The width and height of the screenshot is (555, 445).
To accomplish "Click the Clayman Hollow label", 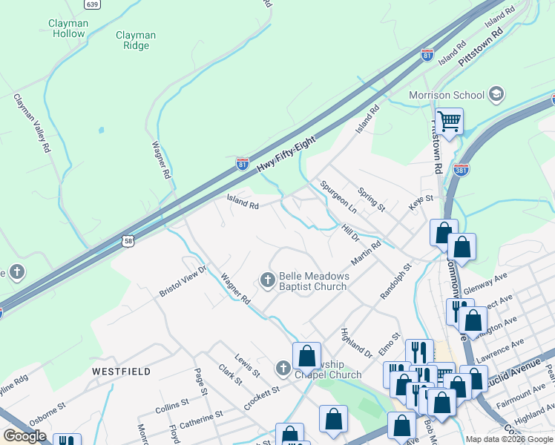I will (x=68, y=28).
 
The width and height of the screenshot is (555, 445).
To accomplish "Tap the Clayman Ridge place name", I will (x=136, y=40).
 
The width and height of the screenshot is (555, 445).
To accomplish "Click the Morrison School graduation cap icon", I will (x=496, y=94).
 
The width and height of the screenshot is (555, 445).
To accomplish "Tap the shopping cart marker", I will (x=449, y=120).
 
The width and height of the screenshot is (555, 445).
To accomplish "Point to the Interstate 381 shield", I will (x=461, y=169).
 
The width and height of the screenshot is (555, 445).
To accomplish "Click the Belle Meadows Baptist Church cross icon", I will (x=267, y=280).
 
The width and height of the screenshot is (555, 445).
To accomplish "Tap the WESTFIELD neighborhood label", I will (x=121, y=371).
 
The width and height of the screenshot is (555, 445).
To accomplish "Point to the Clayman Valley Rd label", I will (x=31, y=123).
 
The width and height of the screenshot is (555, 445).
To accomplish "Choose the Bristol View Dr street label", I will (x=183, y=281).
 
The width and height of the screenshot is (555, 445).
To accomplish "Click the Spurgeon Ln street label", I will (x=338, y=197).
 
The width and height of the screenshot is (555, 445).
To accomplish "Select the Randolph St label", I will (x=395, y=281).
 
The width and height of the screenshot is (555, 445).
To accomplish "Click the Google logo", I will (x=24, y=436).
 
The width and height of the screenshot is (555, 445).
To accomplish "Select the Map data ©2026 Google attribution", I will (x=508, y=439).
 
